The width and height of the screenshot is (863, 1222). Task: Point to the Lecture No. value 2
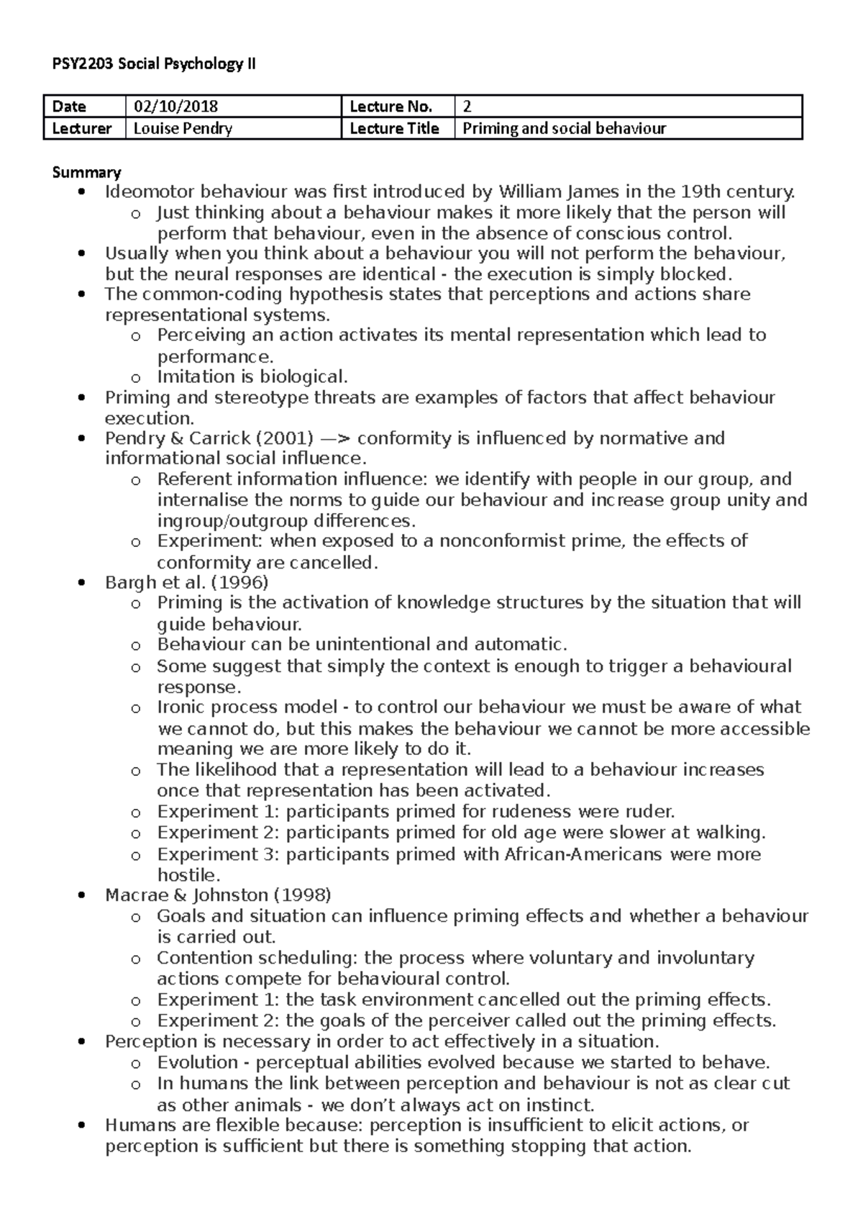click(x=467, y=107)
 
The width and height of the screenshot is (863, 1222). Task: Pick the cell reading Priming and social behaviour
click(x=564, y=128)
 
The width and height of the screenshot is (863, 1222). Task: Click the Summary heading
click(x=86, y=172)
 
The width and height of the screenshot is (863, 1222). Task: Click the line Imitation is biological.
click(x=252, y=377)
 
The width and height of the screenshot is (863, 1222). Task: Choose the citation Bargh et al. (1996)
click(x=186, y=582)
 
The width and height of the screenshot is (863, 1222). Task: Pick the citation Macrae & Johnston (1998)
click(x=218, y=895)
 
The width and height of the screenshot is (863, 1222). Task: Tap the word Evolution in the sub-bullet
click(x=197, y=1062)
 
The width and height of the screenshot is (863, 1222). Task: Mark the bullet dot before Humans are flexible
click(x=84, y=1125)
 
